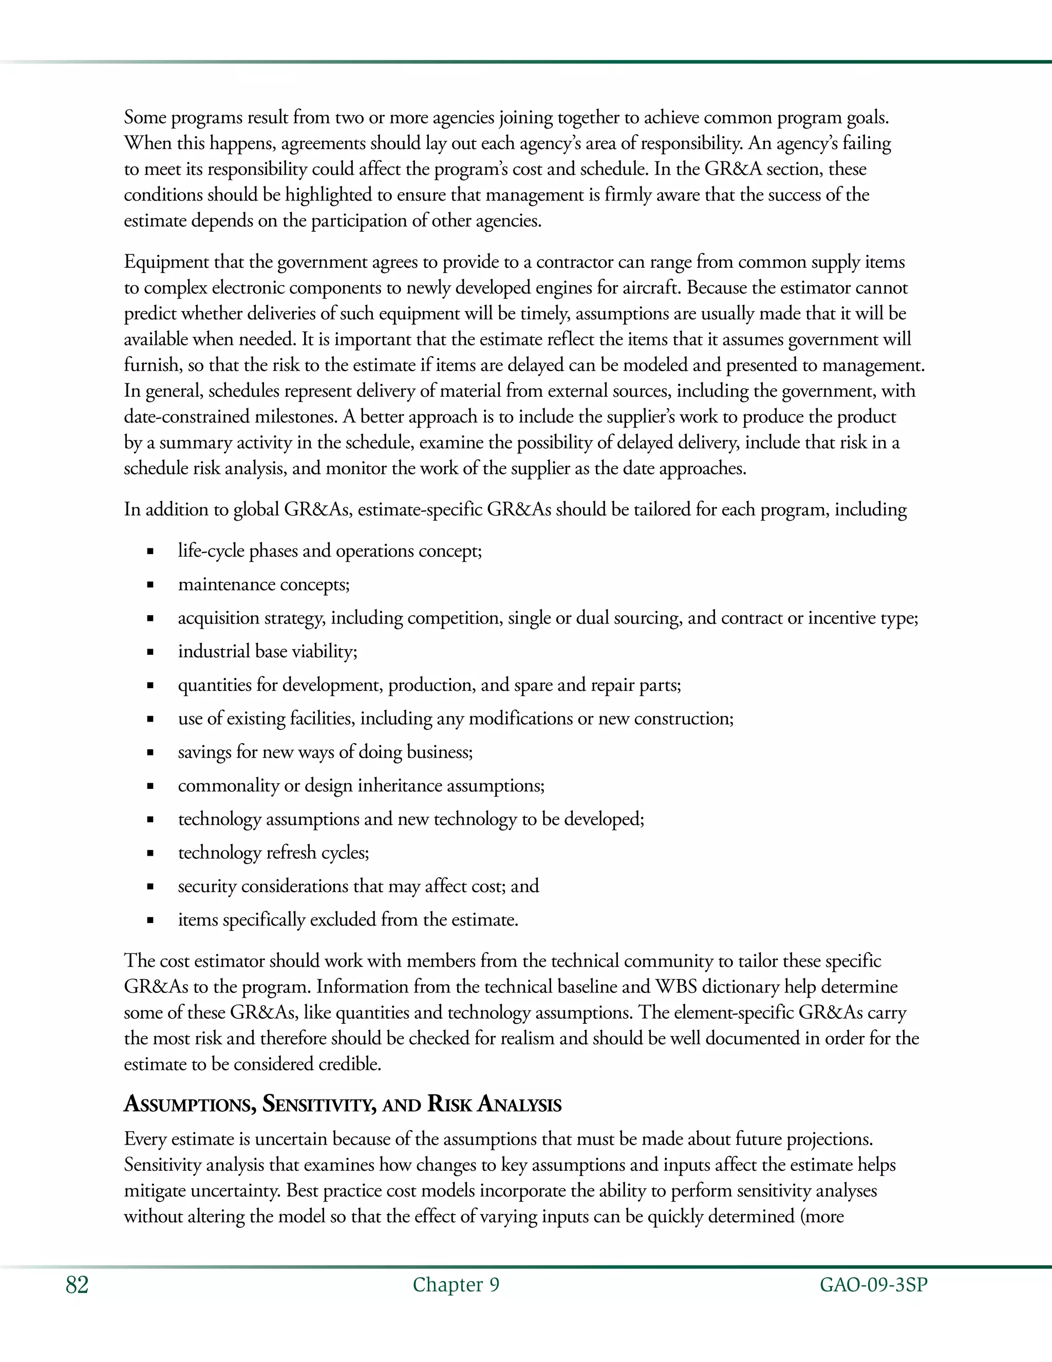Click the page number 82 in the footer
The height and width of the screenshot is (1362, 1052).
[77, 1285]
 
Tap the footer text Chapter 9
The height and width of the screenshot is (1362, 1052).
[456, 1285]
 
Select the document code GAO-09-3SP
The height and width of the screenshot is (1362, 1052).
[873, 1285]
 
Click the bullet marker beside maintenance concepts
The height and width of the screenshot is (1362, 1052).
[150, 585]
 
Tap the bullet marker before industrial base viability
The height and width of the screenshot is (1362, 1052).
[150, 652]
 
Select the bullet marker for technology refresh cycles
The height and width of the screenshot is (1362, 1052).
[150, 853]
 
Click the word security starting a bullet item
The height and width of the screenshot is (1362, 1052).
[206, 886]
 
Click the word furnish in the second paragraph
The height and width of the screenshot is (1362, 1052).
[152, 365]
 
